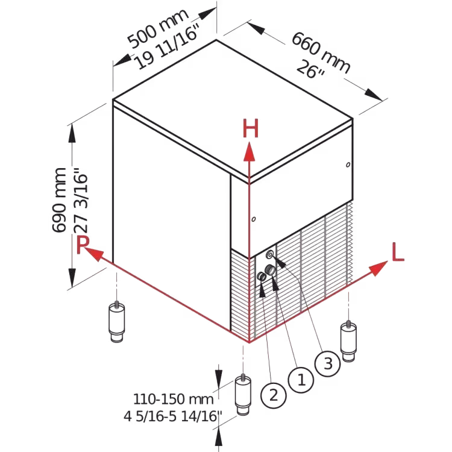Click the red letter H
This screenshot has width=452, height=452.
[251, 128]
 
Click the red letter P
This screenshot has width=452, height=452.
[83, 245]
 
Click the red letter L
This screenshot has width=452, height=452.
[398, 252]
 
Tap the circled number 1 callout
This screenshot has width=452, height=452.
[301, 380]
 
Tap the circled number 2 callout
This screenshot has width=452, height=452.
[273, 395]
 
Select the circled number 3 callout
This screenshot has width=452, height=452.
[328, 363]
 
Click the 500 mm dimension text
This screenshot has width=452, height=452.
[158, 28]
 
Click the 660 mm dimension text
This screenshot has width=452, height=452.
[321, 52]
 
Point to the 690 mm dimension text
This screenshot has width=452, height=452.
[60, 200]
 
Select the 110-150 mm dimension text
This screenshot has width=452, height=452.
[173, 399]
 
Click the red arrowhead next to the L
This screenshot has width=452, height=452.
[378, 268]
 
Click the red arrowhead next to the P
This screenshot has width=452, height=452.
[93, 254]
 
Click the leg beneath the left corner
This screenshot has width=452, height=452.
[117, 322]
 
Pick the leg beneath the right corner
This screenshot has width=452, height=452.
[348, 341]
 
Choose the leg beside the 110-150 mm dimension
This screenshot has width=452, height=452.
[243, 395]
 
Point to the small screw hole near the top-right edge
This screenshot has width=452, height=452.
[348, 165]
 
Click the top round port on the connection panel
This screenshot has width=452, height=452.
[270, 254]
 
